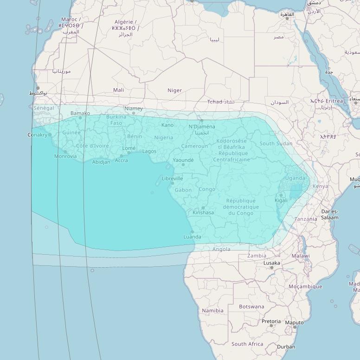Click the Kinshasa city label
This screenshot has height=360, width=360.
coord(203,213)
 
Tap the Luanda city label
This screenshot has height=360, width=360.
coord(193,237)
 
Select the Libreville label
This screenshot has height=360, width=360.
coord(172,178)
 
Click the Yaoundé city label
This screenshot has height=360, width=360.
coord(183,160)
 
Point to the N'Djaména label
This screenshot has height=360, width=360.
coord(202,127)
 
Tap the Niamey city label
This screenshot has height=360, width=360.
coord(134,109)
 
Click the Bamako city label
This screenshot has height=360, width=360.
coord(80,113)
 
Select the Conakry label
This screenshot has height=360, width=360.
coord(38,135)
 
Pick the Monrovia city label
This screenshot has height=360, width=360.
coord(65,156)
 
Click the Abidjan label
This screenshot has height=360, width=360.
coord(101,162)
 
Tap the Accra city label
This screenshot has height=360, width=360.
coord(121,161)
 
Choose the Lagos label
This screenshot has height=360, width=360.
coord(149,151)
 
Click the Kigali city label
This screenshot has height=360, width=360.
coord(281,200)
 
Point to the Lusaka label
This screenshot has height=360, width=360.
coord(271,263)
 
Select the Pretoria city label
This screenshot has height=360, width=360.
coord(271,321)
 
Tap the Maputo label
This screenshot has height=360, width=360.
coord(294,322)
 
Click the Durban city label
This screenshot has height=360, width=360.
coord(286,347)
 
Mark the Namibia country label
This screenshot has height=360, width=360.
coord(212,310)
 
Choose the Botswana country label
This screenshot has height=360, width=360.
coord(251,307)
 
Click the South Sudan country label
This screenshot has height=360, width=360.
coord(276,143)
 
